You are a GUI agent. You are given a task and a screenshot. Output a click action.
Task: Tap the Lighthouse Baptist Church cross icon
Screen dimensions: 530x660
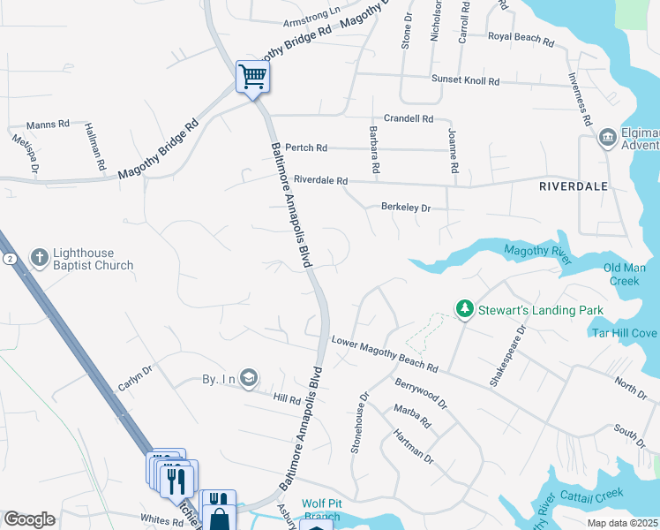coord(39,257)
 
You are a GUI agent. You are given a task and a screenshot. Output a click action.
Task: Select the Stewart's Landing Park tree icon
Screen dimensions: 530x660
coord(464,309)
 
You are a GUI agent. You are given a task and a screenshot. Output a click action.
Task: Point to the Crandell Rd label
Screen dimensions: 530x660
coord(409,118)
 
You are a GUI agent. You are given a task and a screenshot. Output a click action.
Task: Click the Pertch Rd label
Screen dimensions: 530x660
coord(306,148)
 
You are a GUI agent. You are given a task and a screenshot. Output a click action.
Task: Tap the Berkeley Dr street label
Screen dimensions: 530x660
coord(405,208)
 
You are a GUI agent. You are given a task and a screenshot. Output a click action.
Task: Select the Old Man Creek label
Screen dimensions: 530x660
coord(624,274)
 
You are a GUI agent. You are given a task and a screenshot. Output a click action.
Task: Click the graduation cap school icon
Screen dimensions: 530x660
coord(250,378)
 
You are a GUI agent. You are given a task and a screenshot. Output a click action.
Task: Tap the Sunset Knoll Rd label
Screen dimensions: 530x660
coord(465,80)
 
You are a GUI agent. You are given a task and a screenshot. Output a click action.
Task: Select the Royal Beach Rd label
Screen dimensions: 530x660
coord(521,40)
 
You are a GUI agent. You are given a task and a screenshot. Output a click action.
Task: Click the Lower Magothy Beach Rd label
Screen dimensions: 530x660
coord(385,353)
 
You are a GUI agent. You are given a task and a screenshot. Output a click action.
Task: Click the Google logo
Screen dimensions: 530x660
coord(29,519)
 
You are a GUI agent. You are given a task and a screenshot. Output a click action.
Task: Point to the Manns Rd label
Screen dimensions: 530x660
coord(48,125)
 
